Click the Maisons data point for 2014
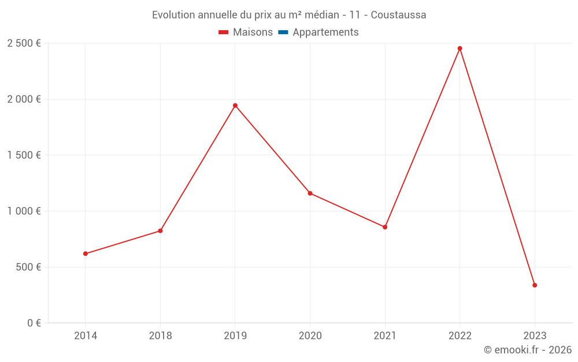coord(86,254)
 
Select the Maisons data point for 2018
coord(160,231)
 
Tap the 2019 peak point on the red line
coord(235,105)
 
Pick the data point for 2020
coord(310,193)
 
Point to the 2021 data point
coord(385,227)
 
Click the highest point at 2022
coord(460,49)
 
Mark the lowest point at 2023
coord(535,285)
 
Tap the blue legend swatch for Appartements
coord(283,32)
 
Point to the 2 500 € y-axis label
coord(24,43)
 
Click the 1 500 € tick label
coord(24,155)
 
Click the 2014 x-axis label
coord(86,335)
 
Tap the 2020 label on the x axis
coord(310,335)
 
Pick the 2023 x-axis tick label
coord(535,335)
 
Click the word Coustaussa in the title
coord(398,15)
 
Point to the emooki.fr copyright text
coord(528,350)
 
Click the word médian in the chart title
coord(321,15)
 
